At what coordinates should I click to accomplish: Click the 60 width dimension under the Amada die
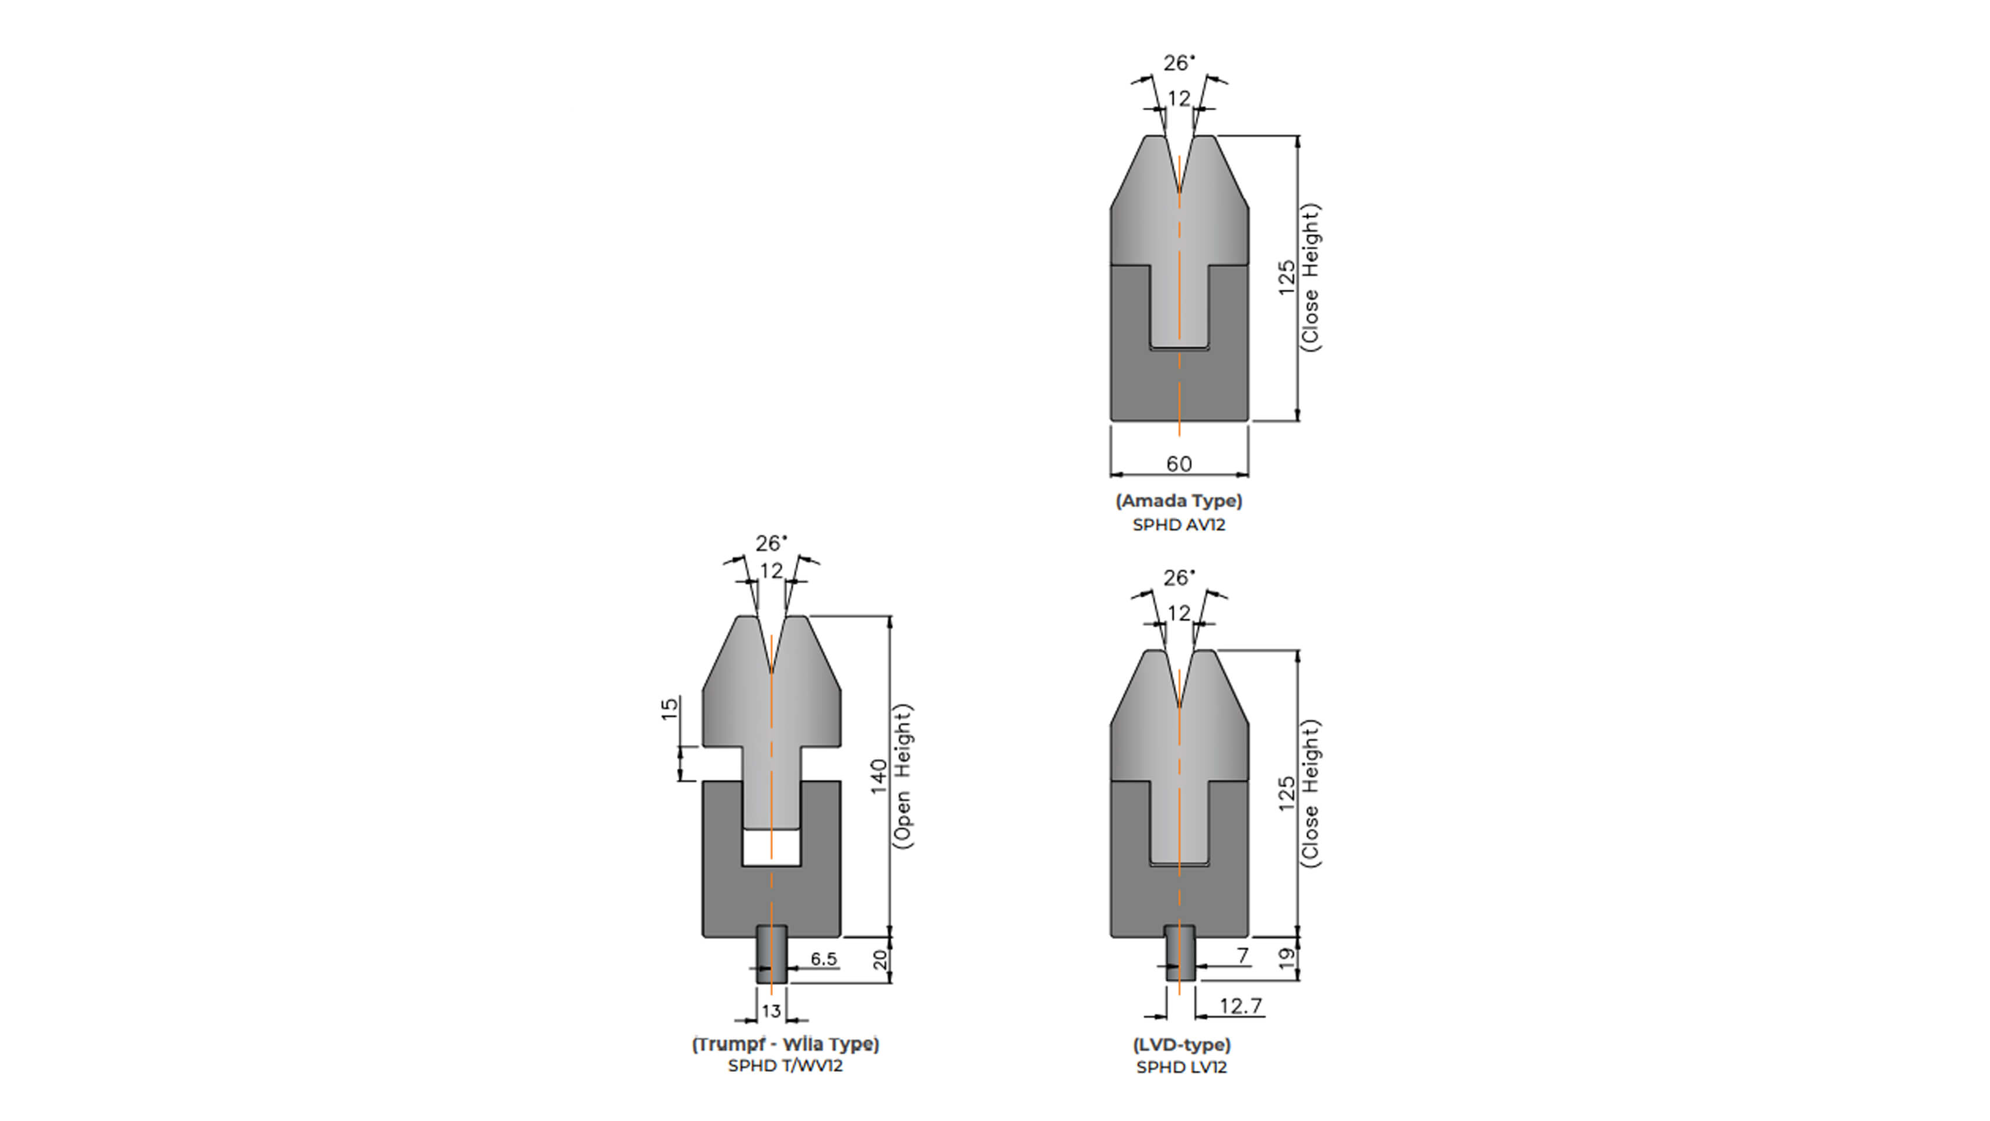point(1178,464)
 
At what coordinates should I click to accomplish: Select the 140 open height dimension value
point(879,776)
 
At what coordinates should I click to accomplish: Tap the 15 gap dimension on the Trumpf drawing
point(670,708)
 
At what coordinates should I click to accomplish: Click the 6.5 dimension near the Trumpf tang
point(824,959)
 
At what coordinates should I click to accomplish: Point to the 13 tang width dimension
point(771,1011)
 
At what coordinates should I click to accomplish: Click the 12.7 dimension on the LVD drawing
point(1240,1006)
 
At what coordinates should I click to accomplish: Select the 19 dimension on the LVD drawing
point(1286,959)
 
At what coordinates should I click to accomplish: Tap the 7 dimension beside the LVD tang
point(1243,956)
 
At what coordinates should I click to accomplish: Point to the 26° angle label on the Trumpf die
point(771,543)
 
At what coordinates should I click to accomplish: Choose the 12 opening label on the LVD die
point(1179,614)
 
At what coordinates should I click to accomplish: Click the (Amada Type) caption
point(1179,500)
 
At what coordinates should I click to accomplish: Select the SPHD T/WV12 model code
point(785,1066)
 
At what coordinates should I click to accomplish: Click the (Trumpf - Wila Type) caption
point(785,1045)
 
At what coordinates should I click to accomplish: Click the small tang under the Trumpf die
point(771,955)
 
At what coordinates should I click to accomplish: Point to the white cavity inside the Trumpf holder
point(771,848)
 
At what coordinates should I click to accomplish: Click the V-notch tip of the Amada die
point(1179,189)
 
